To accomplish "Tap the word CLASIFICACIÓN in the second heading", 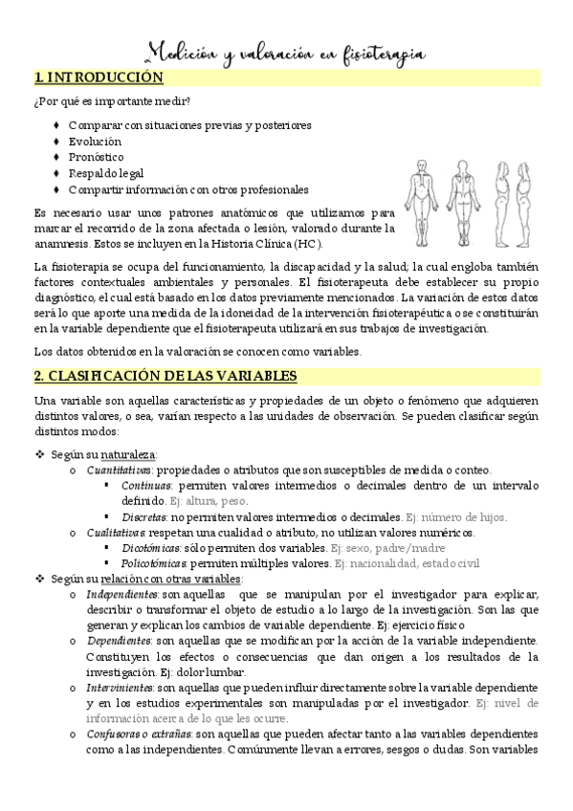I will (107, 376).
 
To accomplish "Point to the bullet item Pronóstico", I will (96, 157).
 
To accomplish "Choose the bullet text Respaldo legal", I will (106, 173).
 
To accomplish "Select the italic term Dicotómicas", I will (150, 548).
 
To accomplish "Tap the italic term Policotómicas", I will (154, 563).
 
